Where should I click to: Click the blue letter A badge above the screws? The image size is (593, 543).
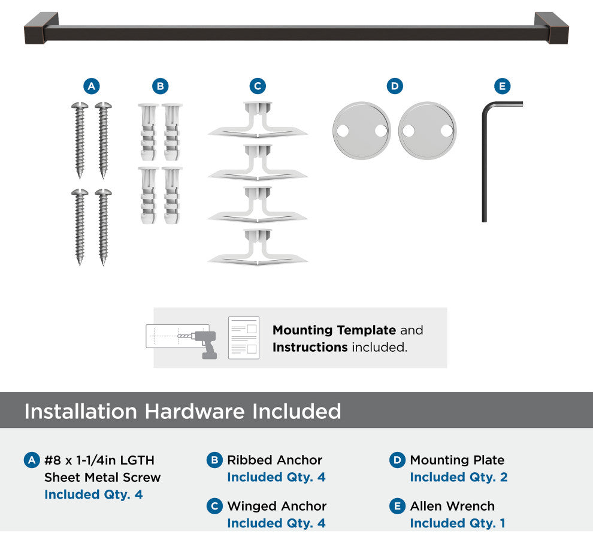[x=92, y=86]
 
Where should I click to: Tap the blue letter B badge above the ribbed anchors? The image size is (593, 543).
[x=160, y=86]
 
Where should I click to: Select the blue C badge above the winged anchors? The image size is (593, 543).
[x=258, y=86]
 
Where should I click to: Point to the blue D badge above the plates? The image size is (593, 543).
[x=395, y=86]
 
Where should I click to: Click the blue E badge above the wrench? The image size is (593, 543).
[x=502, y=86]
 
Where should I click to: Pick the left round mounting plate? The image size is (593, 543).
[x=362, y=131]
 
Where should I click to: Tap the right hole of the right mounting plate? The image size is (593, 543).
[x=447, y=131]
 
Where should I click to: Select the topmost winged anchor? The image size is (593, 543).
[x=258, y=120]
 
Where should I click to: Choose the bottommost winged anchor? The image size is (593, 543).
[x=258, y=247]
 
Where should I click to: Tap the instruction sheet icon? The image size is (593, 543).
[x=244, y=337]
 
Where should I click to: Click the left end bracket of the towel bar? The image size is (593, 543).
[x=41, y=28]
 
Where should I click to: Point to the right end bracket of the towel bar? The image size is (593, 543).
[x=552, y=28]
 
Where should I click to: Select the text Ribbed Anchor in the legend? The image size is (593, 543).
[x=274, y=460]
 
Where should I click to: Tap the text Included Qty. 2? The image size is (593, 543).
[x=459, y=477]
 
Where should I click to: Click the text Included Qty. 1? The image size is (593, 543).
[x=458, y=523]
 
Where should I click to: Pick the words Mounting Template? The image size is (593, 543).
[x=334, y=330]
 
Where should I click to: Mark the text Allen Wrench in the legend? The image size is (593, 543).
[x=452, y=506]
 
